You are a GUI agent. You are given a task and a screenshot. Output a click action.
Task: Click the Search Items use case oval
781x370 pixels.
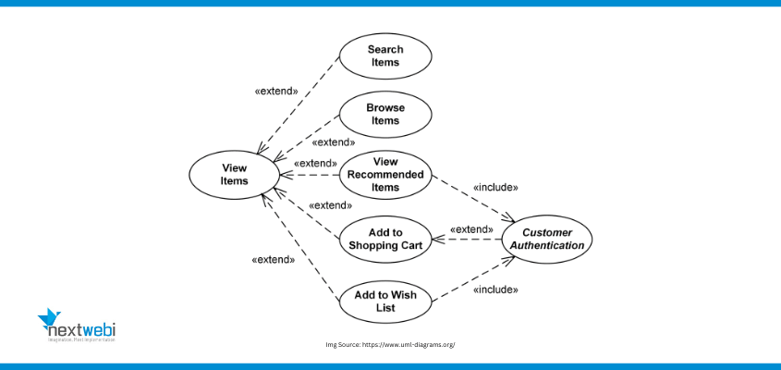coord(385,55)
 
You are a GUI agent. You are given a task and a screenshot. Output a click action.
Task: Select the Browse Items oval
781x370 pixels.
coord(385,115)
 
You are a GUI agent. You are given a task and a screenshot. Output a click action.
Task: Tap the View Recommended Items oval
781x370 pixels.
coord(385,174)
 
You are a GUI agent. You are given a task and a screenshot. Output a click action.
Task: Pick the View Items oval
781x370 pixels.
coord(235,174)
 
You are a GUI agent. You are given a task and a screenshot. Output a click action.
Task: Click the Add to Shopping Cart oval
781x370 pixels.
coord(385,238)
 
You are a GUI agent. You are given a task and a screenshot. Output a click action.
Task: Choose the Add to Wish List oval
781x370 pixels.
coord(385,301)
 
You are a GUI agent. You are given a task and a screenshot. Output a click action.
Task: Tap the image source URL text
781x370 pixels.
coord(390,344)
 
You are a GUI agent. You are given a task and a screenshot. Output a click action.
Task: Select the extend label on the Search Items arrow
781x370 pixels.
coord(275,92)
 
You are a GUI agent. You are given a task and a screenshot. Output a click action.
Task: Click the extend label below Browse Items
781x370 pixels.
coord(334,142)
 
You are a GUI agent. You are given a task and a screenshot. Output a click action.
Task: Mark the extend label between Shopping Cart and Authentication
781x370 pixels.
coord(471,228)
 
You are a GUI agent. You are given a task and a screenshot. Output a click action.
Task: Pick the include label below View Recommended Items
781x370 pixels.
coord(495,187)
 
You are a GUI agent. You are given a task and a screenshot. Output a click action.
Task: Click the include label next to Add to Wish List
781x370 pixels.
coord(495,290)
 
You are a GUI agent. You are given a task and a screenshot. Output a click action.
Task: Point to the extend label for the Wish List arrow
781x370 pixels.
coord(273,260)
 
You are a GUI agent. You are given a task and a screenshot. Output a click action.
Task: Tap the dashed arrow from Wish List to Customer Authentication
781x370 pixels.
coord(471,279)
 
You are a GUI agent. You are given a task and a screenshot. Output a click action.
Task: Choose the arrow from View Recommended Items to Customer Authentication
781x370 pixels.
coord(471,199)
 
